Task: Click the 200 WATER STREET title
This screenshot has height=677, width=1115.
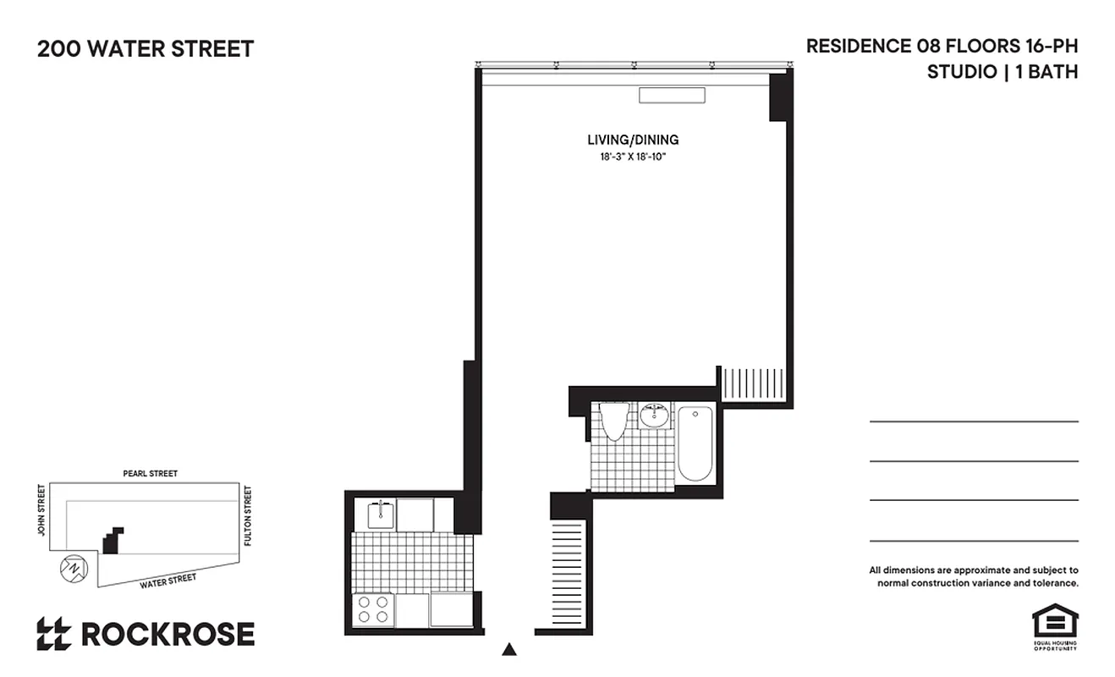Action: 145,49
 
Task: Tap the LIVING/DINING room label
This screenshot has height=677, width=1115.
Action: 633,140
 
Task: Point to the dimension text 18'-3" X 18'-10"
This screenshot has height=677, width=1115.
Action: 633,157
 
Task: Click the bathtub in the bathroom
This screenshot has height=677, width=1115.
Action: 695,443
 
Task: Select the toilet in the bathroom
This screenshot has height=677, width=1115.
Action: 614,421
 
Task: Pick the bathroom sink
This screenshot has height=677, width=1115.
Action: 653,416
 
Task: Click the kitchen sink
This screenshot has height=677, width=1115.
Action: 381,514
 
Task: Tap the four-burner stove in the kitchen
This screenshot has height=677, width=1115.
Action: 373,609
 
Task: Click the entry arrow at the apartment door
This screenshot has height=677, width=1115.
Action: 509,650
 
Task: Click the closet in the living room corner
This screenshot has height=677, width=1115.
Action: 752,383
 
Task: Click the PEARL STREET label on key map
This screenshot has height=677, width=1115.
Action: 151,474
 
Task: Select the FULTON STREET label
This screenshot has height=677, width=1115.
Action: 248,515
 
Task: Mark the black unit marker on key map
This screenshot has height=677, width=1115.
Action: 113,540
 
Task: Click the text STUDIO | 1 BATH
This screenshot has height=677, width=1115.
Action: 1002,72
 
